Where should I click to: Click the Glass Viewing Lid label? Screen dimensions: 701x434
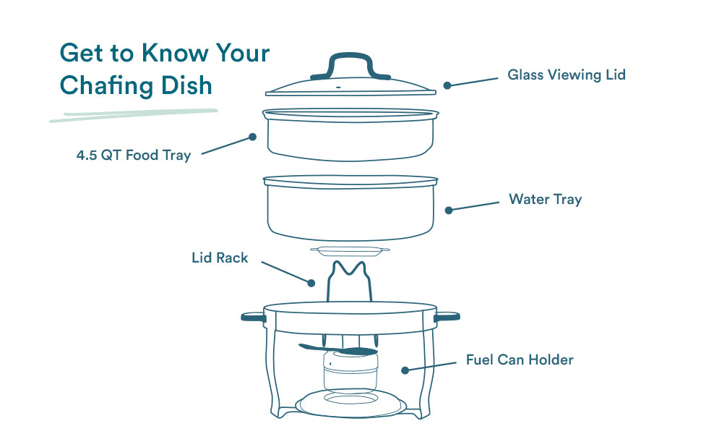(567, 75)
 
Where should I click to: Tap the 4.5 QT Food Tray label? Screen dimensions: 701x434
(134, 156)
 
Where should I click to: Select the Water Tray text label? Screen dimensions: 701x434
(546, 199)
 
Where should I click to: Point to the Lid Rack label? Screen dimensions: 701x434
(220, 258)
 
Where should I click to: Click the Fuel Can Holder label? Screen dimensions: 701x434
(520, 359)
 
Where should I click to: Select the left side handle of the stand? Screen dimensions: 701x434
(254, 318)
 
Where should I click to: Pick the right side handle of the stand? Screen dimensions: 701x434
(447, 317)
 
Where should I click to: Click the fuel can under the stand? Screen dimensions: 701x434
(350, 370)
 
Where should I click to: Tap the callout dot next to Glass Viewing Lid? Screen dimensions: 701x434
(447, 85)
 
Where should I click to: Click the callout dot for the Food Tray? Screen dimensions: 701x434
(253, 137)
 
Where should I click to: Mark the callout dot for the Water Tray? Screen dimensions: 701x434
(449, 210)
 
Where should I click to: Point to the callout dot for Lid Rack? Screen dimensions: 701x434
(311, 283)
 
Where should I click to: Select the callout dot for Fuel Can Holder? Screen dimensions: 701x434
(405, 370)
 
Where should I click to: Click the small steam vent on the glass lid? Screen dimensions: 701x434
(338, 87)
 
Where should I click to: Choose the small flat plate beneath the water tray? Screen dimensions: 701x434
(350, 252)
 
